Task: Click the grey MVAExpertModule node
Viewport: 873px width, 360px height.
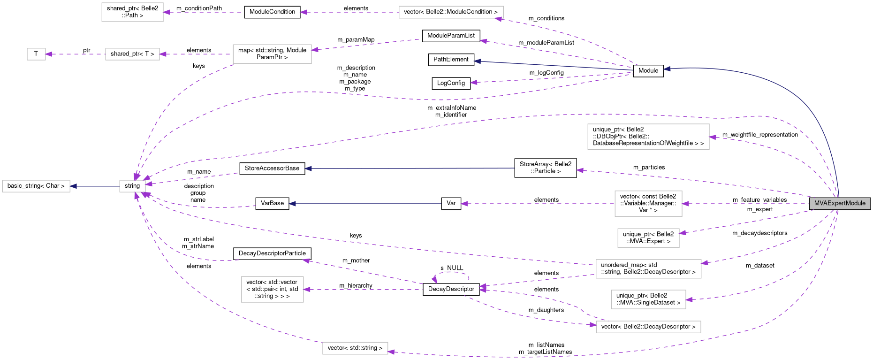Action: click(x=840, y=203)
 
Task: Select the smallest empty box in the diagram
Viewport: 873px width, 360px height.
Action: click(x=36, y=54)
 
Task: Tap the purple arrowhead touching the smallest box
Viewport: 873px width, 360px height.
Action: click(x=49, y=54)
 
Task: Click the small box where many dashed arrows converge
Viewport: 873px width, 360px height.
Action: click(x=132, y=186)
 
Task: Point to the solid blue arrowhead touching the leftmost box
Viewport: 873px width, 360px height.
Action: click(x=73, y=186)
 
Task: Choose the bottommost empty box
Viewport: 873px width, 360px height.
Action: click(x=355, y=348)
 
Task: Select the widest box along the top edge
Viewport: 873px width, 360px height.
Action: click(x=451, y=12)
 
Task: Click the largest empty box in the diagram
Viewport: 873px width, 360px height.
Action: click(x=648, y=137)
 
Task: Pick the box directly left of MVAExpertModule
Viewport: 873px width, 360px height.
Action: click(x=648, y=204)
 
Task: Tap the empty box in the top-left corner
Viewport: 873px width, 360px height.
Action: click(x=132, y=12)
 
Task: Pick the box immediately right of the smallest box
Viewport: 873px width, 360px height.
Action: click(x=132, y=54)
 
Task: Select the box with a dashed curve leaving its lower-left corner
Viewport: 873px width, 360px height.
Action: click(x=272, y=54)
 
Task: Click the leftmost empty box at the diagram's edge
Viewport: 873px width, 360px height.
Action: click(x=36, y=186)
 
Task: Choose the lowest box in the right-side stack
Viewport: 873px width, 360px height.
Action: click(x=648, y=327)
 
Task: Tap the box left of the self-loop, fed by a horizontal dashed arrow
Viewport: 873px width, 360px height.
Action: click(x=272, y=289)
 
